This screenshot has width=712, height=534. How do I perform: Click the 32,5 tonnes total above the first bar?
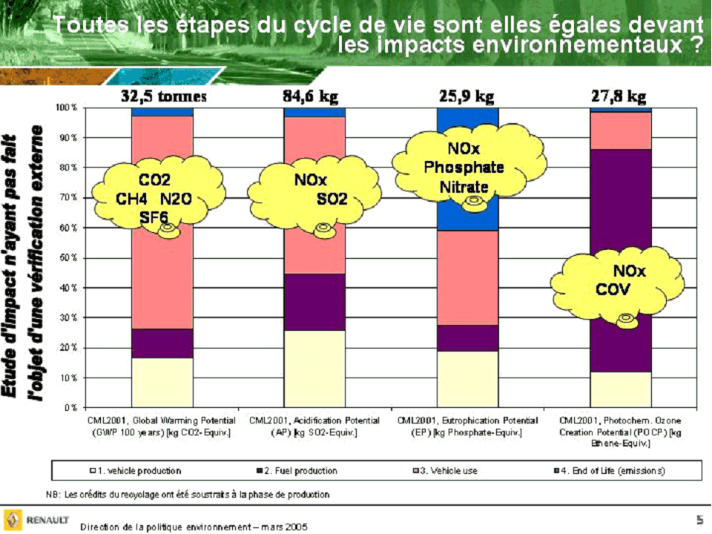point(163,96)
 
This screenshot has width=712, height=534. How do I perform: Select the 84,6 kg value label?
point(314,96)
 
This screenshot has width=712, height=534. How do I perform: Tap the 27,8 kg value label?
point(618,96)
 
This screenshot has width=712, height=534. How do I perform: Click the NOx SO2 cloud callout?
point(314,195)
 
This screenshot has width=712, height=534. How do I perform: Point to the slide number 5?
point(699,520)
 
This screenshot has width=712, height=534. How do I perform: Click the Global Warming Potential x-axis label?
point(162,426)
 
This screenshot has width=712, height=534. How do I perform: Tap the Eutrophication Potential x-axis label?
point(467,426)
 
